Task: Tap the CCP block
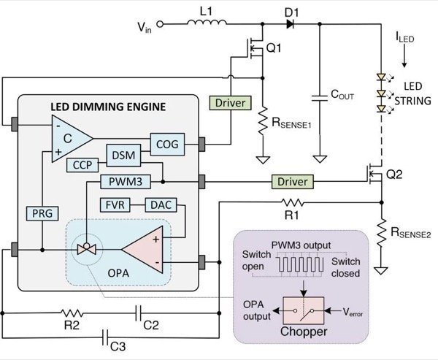click(x=80, y=164)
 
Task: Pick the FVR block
click(x=114, y=204)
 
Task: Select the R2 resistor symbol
click(x=71, y=315)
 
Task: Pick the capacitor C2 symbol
click(x=139, y=315)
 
